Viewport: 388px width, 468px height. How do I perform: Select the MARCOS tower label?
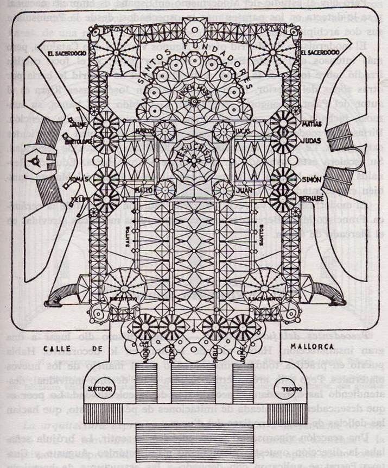click(142, 131)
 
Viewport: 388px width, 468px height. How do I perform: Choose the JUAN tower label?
click(242, 190)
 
